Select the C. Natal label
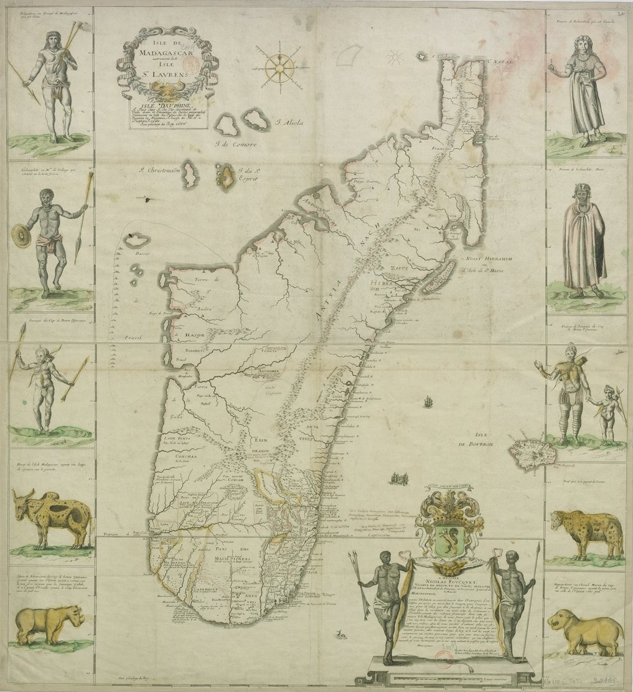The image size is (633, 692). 503,61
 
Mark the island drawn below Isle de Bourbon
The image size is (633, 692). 528,454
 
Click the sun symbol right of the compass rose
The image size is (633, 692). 394,58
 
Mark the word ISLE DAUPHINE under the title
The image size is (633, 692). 162,105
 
